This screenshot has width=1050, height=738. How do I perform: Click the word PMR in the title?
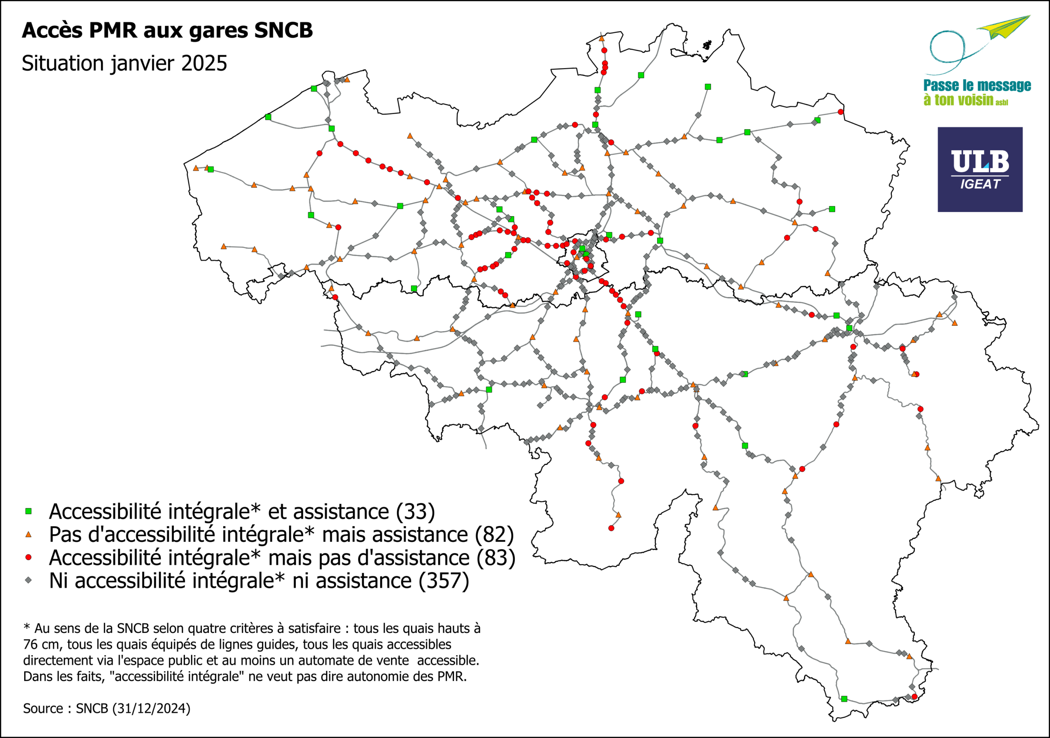113,31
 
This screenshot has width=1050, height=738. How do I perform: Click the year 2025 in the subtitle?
204,64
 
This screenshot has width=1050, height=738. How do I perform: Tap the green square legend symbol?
28,511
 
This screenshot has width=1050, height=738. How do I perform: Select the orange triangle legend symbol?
28,535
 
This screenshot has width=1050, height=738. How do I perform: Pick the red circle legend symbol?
28,557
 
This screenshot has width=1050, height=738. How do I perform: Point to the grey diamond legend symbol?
28,580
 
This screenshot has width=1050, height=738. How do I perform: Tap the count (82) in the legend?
494,535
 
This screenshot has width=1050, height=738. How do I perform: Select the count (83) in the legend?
496,558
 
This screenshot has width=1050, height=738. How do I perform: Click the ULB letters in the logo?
979,162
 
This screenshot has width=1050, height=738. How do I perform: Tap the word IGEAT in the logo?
979,184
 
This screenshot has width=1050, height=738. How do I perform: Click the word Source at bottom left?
43,708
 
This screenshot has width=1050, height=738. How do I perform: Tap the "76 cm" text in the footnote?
42,644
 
